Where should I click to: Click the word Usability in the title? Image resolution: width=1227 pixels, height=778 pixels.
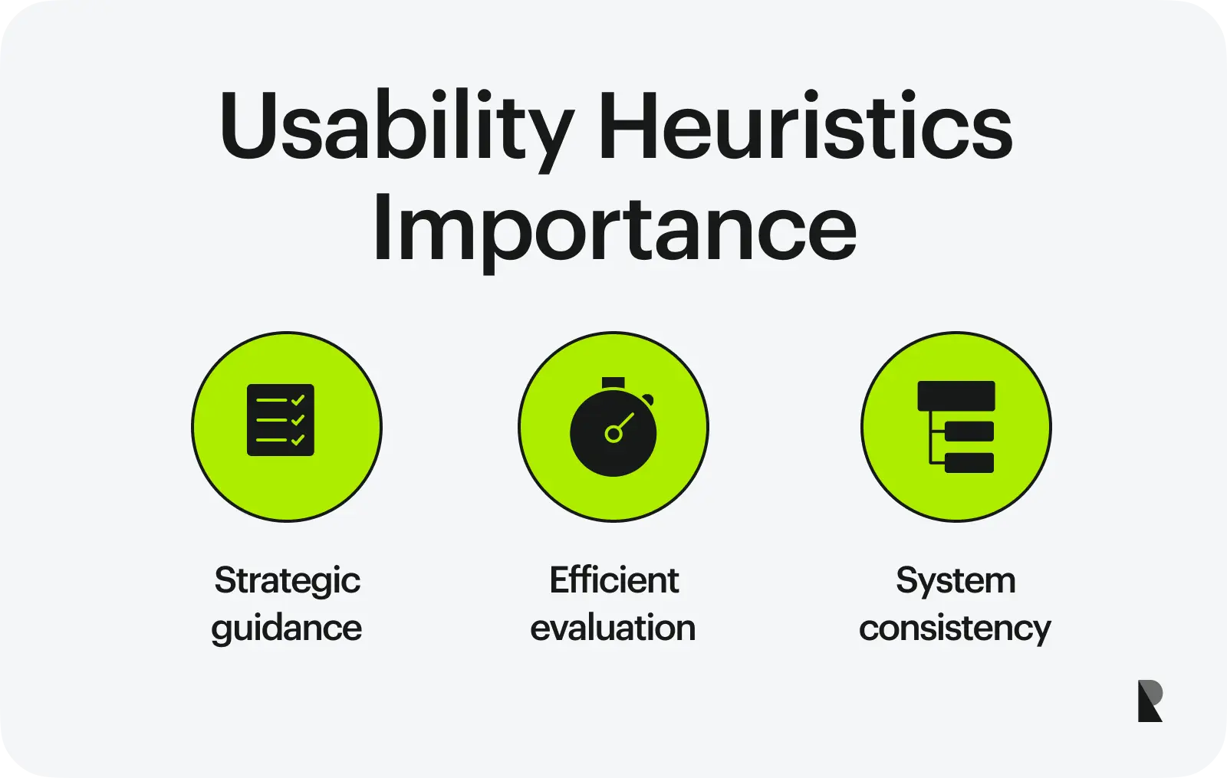[x=398, y=130]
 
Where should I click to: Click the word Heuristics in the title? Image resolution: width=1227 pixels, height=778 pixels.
[x=804, y=126]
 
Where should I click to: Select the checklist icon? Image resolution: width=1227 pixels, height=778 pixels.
[x=281, y=420]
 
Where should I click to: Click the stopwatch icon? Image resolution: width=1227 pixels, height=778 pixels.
[x=613, y=427]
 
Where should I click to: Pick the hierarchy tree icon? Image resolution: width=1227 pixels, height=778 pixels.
[x=956, y=427]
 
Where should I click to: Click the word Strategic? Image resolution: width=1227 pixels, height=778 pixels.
[x=288, y=582]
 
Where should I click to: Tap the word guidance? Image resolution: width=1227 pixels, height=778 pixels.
[x=287, y=629]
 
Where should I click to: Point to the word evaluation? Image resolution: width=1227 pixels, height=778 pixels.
[x=613, y=628]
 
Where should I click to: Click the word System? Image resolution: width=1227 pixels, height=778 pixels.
[x=956, y=582]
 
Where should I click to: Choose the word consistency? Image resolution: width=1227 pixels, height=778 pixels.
[x=955, y=629]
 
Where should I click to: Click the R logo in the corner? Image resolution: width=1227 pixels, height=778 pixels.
[x=1150, y=701]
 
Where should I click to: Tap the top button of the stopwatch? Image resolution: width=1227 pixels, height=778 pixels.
[x=613, y=383]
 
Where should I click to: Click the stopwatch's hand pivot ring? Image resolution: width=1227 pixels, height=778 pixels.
[x=613, y=434]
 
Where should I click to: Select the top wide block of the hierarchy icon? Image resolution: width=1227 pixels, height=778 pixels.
[x=956, y=396]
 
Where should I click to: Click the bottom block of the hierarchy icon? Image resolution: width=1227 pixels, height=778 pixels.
[x=969, y=463]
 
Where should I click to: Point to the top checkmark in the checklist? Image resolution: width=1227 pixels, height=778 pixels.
[x=298, y=400]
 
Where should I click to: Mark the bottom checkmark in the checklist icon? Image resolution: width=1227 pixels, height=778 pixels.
[x=298, y=440]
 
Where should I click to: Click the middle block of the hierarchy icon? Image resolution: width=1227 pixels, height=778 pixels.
[x=969, y=432]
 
